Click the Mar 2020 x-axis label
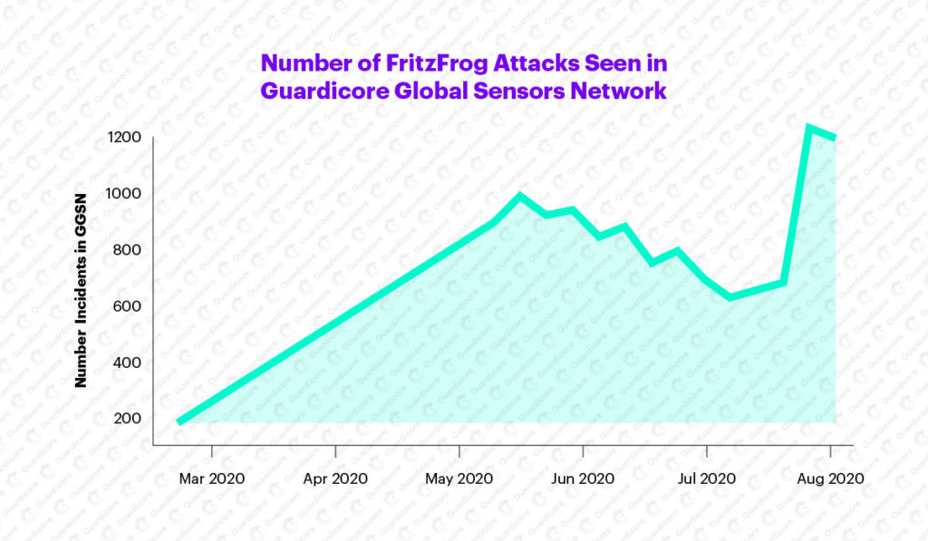click(x=211, y=478)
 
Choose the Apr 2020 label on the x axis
click(x=335, y=478)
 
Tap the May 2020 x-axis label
click(x=459, y=478)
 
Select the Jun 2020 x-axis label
click(x=583, y=478)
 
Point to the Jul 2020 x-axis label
click(x=706, y=478)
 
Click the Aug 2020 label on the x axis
click(x=829, y=478)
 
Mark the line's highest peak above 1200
click(x=808, y=128)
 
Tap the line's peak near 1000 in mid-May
click(x=519, y=196)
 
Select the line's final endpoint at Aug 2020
click(x=833, y=138)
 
